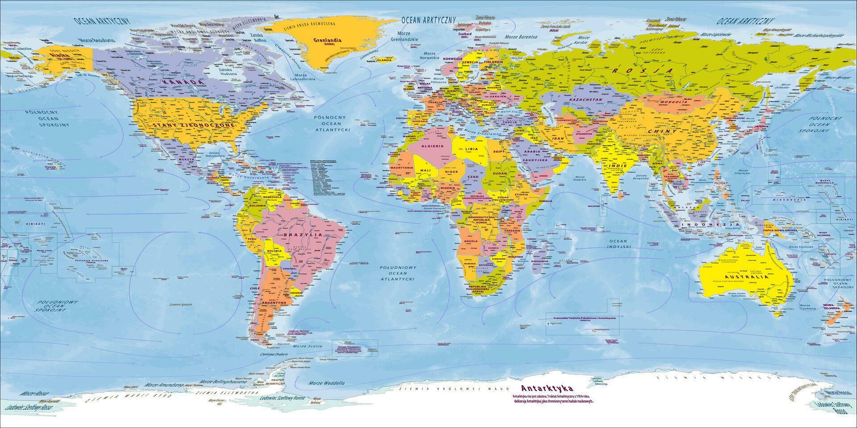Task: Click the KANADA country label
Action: click(183, 83)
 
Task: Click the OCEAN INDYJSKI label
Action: click(619, 243)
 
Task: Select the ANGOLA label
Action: click(471, 241)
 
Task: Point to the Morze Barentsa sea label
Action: click(521, 36)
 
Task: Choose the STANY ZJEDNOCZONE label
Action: click(194, 126)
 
